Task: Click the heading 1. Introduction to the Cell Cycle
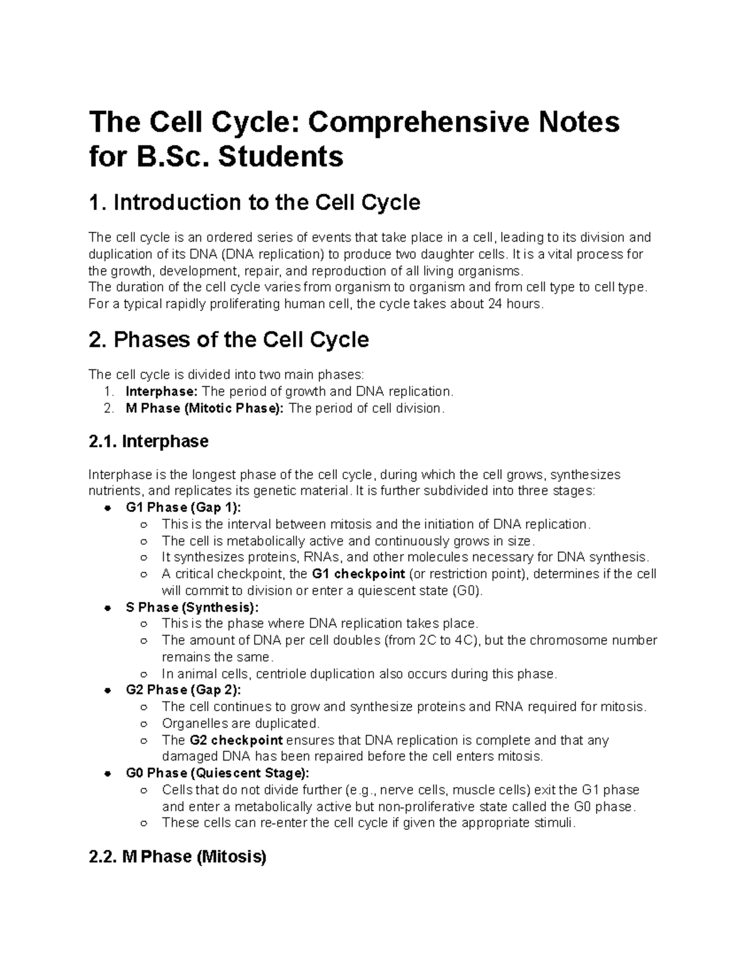(254, 203)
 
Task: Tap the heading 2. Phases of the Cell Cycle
(228, 340)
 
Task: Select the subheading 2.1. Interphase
(149, 442)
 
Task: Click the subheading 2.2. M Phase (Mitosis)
(178, 857)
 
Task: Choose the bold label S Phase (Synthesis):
(191, 607)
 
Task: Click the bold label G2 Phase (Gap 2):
(183, 690)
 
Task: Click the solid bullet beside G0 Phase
(108, 773)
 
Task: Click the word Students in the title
(280, 157)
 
